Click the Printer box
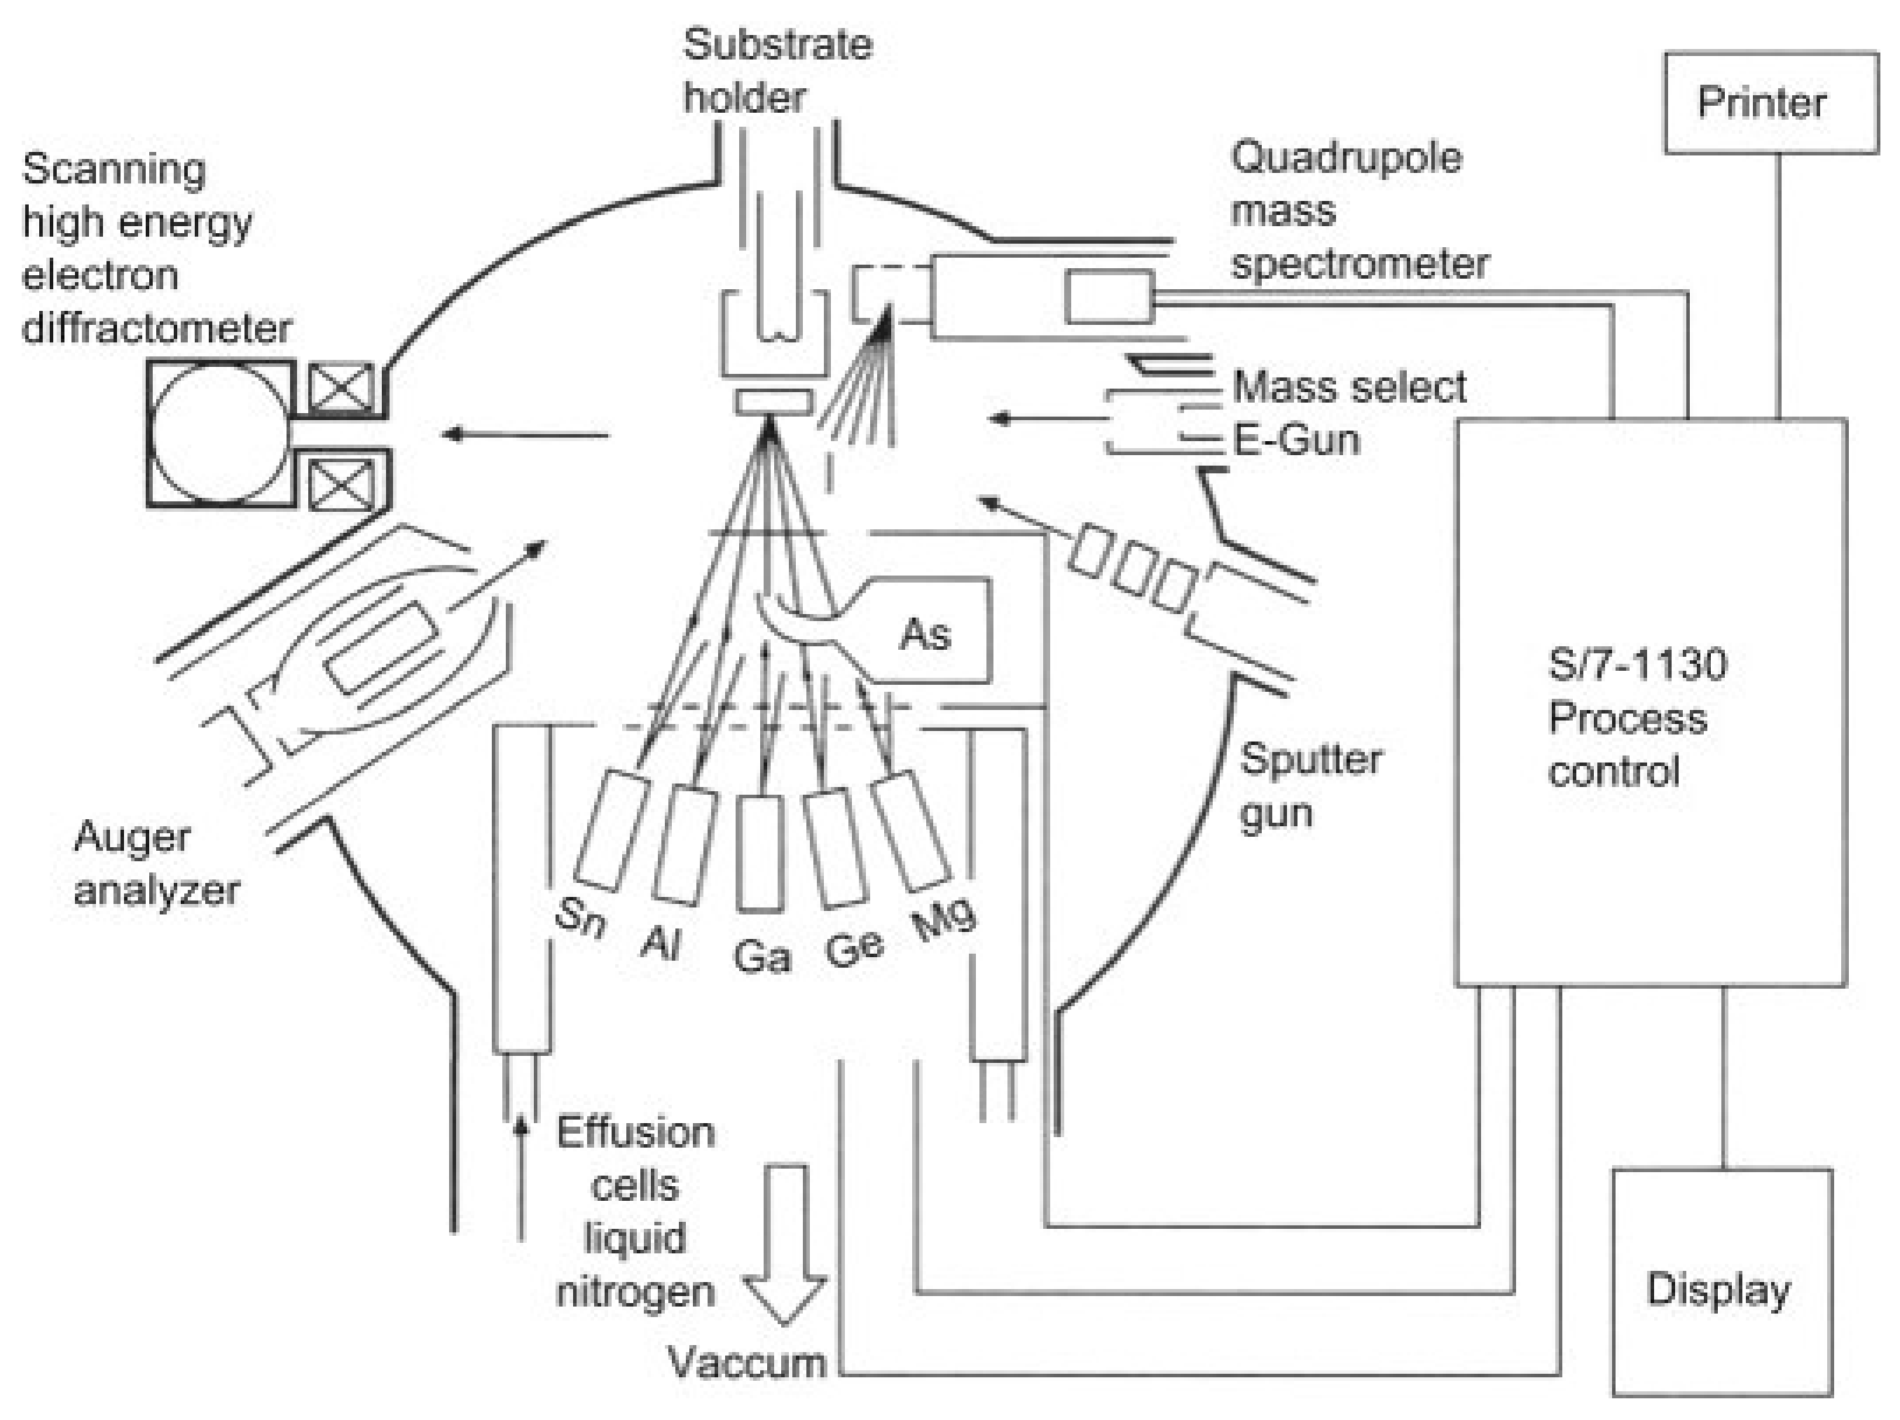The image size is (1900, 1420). pyautogui.click(x=1770, y=103)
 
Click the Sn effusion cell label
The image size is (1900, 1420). pyautogui.click(x=581, y=918)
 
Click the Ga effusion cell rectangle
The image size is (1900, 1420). pyautogui.click(x=761, y=853)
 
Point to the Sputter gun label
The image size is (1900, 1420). pyautogui.click(x=1311, y=786)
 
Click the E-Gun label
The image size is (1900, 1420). pyautogui.click(x=1296, y=440)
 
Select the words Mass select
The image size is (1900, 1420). pyautogui.click(x=1349, y=387)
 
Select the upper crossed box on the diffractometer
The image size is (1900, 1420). pyautogui.click(x=341, y=388)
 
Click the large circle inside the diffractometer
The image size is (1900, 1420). pyautogui.click(x=220, y=433)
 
